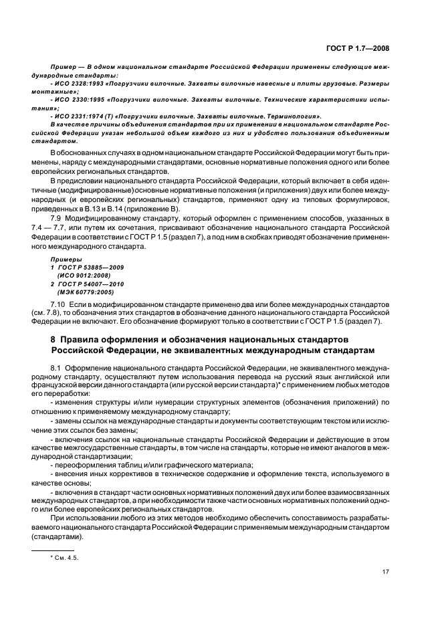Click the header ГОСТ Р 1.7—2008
(359, 47)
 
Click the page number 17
(386, 571)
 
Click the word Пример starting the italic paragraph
(64, 67)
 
